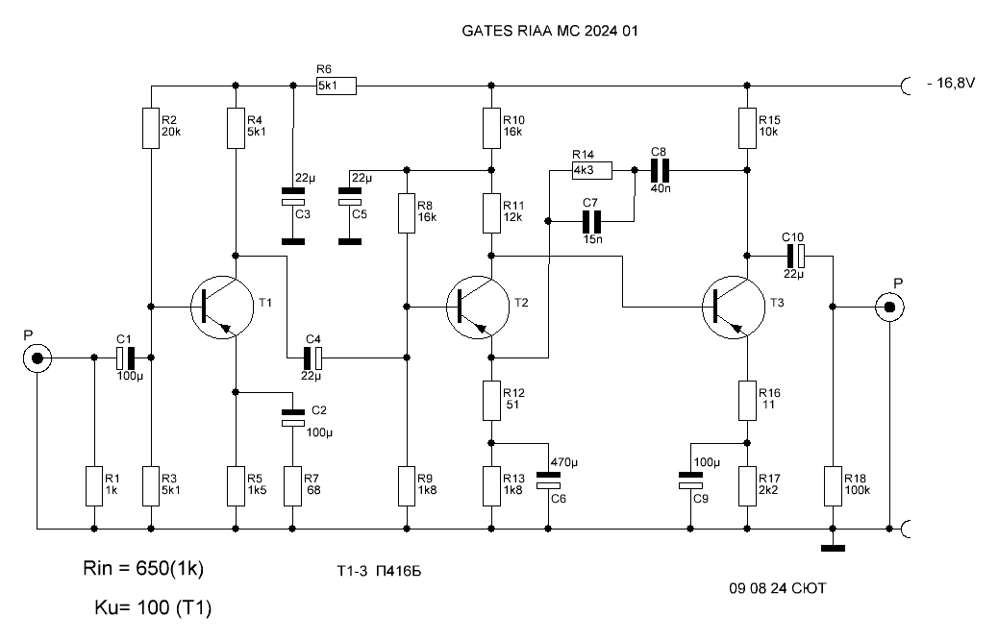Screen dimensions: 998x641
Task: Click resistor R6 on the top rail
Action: (337, 86)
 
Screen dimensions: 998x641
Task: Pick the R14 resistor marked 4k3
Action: (592, 170)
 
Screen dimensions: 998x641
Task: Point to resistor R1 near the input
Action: (94, 486)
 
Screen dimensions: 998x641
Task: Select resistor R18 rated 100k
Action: (833, 486)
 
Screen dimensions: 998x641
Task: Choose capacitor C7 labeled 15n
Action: (592, 221)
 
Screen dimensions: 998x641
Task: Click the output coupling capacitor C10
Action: (795, 256)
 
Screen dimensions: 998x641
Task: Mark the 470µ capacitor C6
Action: (548, 481)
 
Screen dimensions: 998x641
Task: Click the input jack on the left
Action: (37, 358)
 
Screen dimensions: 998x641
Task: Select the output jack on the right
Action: (889, 308)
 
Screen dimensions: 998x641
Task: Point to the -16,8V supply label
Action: (951, 84)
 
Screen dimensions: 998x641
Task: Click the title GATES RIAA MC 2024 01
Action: (550, 31)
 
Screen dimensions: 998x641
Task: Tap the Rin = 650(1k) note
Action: (143, 568)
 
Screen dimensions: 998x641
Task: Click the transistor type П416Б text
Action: (399, 571)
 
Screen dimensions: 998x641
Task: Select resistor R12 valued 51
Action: (491, 401)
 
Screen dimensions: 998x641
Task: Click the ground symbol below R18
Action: (833, 548)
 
